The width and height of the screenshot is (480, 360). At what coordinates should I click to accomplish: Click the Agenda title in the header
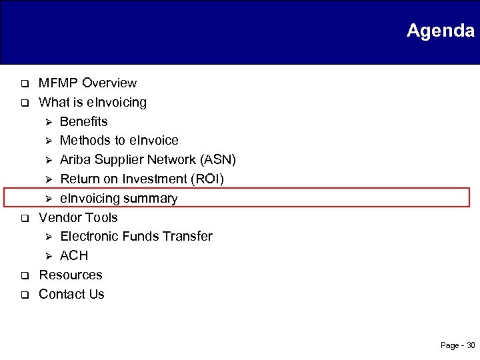click(x=440, y=31)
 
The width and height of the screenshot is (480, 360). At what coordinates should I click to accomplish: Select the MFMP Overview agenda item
click(x=87, y=83)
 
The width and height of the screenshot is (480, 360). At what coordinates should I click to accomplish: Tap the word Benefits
click(x=83, y=121)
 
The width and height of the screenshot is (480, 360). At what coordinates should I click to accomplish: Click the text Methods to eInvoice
click(x=119, y=141)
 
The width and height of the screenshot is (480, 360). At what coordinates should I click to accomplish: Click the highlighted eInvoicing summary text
click(x=119, y=199)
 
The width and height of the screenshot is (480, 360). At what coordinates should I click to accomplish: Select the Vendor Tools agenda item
click(x=78, y=217)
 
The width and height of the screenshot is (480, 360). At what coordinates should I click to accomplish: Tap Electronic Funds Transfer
click(x=136, y=237)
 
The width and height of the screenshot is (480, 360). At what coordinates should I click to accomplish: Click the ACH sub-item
click(x=74, y=256)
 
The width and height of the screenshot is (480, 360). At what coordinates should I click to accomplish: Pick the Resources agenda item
click(x=71, y=275)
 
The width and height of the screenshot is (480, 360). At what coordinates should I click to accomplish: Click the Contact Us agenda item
click(x=71, y=294)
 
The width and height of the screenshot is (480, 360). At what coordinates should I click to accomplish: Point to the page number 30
click(x=471, y=345)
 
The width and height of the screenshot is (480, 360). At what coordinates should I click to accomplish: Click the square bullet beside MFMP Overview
click(x=22, y=84)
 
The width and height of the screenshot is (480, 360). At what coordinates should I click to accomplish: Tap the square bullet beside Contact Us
click(x=22, y=295)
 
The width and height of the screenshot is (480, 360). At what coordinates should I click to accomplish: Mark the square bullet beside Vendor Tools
click(x=22, y=218)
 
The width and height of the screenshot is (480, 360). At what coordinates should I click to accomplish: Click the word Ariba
click(x=75, y=160)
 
